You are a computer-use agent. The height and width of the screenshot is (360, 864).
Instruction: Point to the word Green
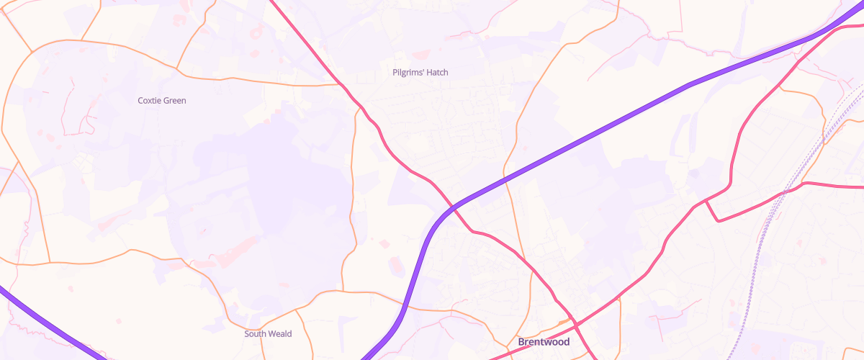pos(175,101)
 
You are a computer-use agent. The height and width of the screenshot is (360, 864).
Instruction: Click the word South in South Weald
pos(256,334)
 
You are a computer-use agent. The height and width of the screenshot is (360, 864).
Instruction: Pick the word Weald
pos(280,334)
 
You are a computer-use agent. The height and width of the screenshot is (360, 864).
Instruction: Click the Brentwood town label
pos(544,342)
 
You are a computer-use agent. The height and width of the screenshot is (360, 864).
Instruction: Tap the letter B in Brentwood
pos(521,342)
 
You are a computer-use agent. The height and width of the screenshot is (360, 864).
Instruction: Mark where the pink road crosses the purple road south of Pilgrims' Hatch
pos(454,207)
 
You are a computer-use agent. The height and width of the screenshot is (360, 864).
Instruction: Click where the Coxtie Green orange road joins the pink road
pos(340,85)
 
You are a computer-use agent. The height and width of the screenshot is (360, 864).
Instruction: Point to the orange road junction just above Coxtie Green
pos(177,69)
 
